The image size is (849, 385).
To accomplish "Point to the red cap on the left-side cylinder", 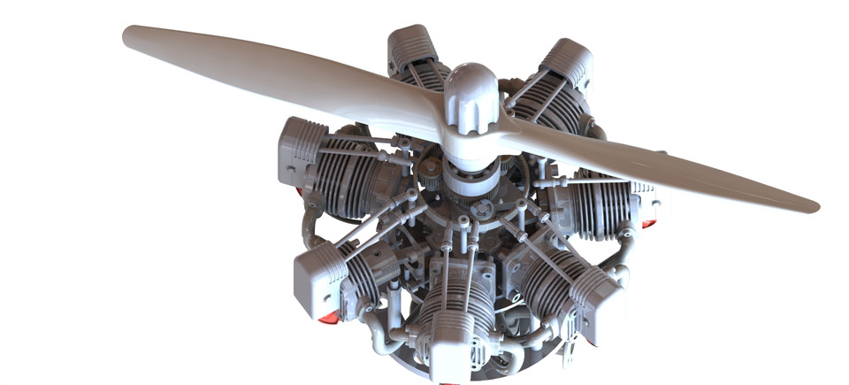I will click(299, 191).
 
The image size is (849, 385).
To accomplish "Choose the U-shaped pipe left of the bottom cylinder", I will click(390, 337).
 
